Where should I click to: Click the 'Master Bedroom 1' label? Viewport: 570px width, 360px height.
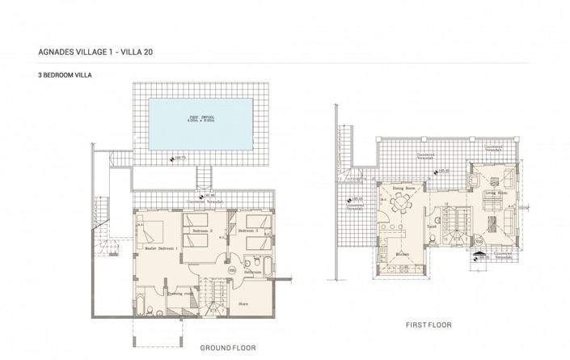pos(161,248)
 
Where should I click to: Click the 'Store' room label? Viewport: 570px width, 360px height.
pos(243,304)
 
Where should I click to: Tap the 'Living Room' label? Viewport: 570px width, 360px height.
pos(496,193)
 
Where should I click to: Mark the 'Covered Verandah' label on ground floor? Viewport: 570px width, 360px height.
pos(203,201)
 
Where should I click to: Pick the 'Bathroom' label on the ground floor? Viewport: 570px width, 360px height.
pos(253,273)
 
